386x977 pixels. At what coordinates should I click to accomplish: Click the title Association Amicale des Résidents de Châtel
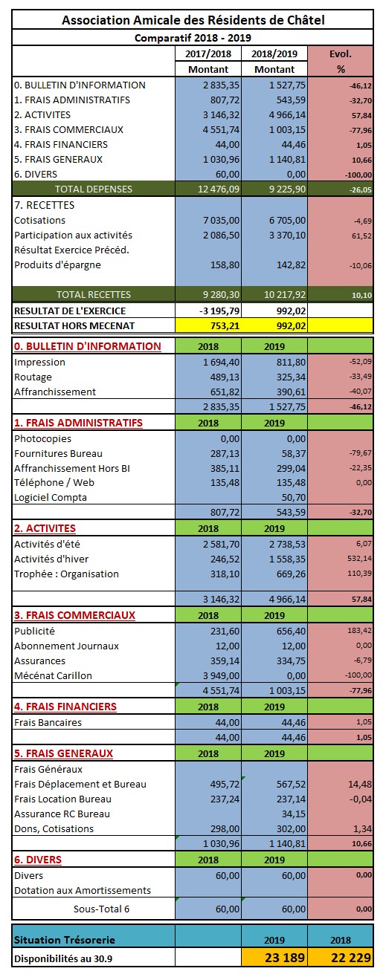tap(193, 20)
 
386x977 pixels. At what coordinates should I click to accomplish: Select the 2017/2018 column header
tap(208, 54)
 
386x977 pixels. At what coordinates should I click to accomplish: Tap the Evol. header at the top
tap(341, 54)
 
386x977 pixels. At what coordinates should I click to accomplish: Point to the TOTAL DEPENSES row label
tap(94, 189)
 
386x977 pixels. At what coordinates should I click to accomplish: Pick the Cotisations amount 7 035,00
tap(221, 220)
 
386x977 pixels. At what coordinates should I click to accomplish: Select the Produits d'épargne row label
tap(57, 265)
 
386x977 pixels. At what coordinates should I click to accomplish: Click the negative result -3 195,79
tap(219, 311)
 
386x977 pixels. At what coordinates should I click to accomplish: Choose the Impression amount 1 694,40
tap(221, 362)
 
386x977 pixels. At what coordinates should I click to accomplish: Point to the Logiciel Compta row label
tap(51, 498)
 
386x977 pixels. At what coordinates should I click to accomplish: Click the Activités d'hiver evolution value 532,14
tap(360, 558)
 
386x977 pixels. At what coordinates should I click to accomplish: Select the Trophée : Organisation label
tap(66, 574)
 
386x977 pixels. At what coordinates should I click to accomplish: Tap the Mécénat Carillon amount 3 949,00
tap(221, 675)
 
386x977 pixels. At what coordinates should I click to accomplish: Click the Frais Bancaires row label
tap(48, 723)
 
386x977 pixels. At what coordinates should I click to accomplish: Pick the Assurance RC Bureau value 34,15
tap(294, 814)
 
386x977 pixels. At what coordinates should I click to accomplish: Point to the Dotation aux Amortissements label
tap(83, 891)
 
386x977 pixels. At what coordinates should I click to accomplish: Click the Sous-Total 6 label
tap(101, 909)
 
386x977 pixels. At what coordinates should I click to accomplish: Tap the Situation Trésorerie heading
tap(65, 940)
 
